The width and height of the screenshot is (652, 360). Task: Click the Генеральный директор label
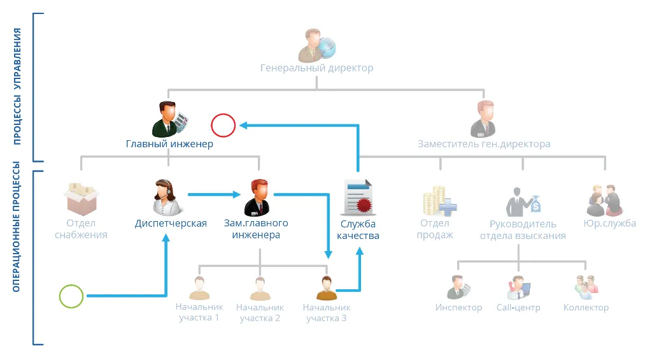pyautogui.click(x=316, y=68)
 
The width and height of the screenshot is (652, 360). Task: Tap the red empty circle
pyautogui.click(x=223, y=126)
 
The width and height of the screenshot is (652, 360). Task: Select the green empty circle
pyautogui.click(x=71, y=296)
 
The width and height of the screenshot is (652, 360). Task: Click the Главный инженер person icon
pyautogui.click(x=169, y=118)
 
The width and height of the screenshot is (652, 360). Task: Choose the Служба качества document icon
pyautogui.click(x=358, y=198)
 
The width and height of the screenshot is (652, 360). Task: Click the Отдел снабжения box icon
pyautogui.click(x=81, y=198)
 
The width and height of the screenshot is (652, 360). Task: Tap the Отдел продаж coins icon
pyautogui.click(x=439, y=200)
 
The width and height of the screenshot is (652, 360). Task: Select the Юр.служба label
pyautogui.click(x=609, y=224)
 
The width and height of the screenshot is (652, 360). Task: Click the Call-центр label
pyautogui.click(x=518, y=308)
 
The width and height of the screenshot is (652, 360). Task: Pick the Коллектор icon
pyautogui.click(x=585, y=287)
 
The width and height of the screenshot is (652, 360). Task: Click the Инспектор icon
pyautogui.click(x=458, y=287)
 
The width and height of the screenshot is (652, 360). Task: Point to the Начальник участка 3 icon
pyautogui.click(x=326, y=288)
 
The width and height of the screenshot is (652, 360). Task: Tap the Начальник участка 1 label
pyautogui.click(x=199, y=312)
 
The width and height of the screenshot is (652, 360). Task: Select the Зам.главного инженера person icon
pyautogui.click(x=257, y=198)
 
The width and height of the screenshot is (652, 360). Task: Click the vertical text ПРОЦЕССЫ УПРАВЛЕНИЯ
pyautogui.click(x=18, y=86)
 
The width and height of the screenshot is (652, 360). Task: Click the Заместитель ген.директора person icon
pyautogui.click(x=483, y=119)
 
